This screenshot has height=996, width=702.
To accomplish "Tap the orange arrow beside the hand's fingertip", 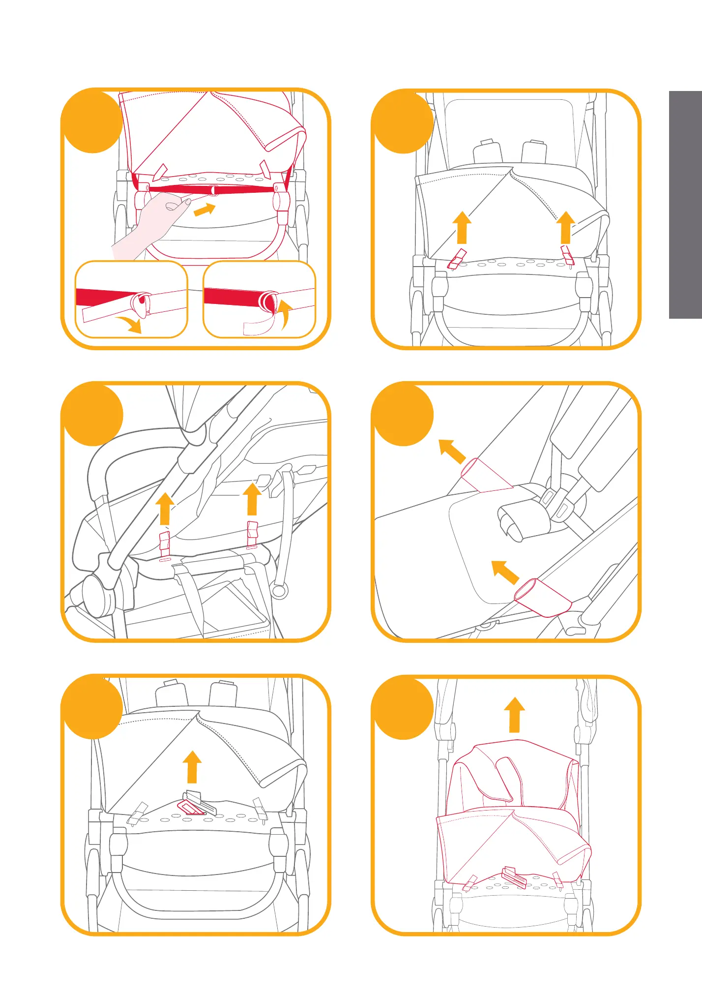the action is [205, 210].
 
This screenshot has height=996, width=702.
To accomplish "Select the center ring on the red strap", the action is [213, 190].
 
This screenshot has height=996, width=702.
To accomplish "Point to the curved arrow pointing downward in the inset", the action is [129, 325].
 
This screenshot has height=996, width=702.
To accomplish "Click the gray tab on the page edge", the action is [685, 205].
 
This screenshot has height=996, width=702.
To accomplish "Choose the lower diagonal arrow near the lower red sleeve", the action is [505, 572].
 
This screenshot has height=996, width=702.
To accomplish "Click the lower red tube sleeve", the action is [542, 597].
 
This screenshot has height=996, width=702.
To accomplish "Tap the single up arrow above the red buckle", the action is [192, 767].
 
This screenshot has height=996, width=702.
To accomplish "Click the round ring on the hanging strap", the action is [279, 589].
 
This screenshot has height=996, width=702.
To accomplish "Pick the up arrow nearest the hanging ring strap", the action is [252, 499].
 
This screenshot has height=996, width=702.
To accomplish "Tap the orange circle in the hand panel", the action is [92, 122].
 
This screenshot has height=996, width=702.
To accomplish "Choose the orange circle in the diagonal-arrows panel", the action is [403, 415].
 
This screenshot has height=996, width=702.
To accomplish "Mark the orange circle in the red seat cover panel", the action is [403, 707].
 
